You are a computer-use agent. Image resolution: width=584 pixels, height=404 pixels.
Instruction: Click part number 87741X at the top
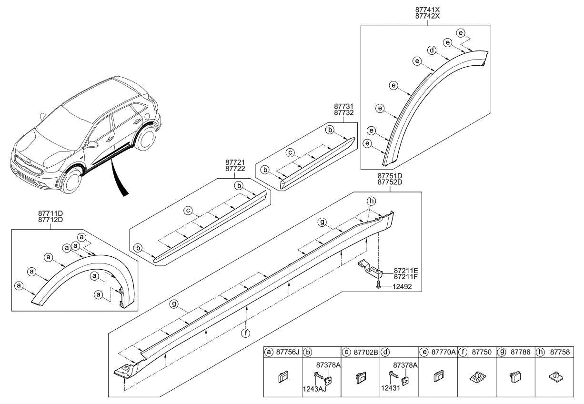(427, 9)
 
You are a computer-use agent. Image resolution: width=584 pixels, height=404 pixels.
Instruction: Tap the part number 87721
(235, 162)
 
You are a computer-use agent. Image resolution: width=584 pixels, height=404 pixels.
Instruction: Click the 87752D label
(390, 182)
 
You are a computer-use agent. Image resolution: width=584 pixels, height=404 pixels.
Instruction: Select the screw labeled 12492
(378, 286)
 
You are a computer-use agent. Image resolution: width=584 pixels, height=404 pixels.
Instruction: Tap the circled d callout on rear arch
(432, 50)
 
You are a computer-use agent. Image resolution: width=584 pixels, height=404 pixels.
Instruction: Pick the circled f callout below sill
(245, 333)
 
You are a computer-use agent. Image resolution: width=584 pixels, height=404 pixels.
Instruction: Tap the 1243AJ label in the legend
(315, 389)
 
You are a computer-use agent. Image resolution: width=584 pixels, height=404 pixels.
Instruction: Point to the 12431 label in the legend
(391, 389)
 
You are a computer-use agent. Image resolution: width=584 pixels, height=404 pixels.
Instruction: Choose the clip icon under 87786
(515, 378)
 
